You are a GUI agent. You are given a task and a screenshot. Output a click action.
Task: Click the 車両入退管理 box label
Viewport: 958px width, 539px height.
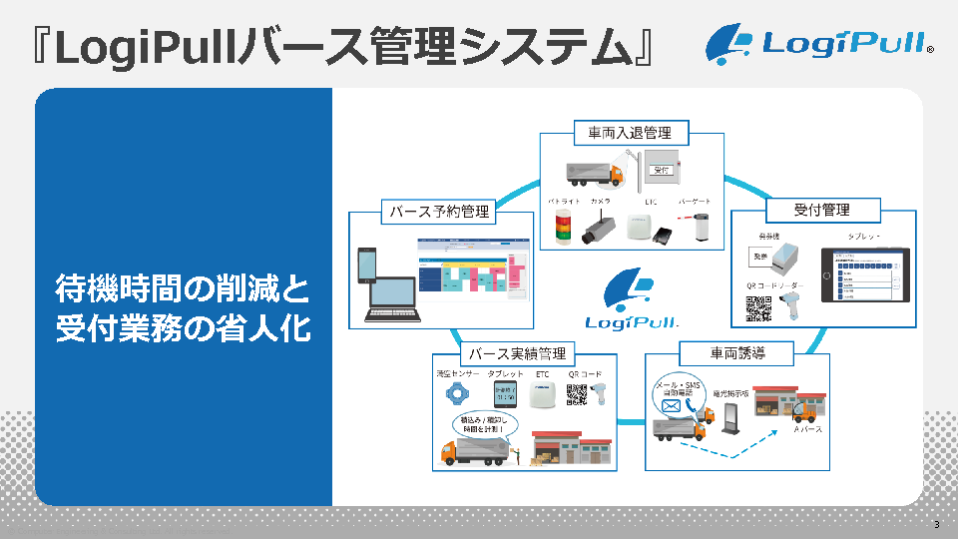[x=629, y=133]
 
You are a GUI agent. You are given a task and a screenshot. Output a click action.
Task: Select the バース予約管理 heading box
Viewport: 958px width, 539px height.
[x=440, y=211]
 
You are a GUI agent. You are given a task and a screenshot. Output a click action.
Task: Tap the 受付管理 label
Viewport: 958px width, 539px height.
[x=822, y=210]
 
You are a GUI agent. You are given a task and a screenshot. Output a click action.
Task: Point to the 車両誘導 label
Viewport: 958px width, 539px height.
[x=737, y=353]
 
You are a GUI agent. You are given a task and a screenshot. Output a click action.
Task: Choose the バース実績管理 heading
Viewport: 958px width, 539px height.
[x=517, y=353]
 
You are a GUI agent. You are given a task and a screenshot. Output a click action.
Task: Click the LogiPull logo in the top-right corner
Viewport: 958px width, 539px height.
[x=819, y=45]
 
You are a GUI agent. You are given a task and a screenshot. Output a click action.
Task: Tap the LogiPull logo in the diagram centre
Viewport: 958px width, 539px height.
[x=628, y=299]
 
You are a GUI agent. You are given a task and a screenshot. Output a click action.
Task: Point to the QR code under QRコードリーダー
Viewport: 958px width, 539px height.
[x=758, y=308]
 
